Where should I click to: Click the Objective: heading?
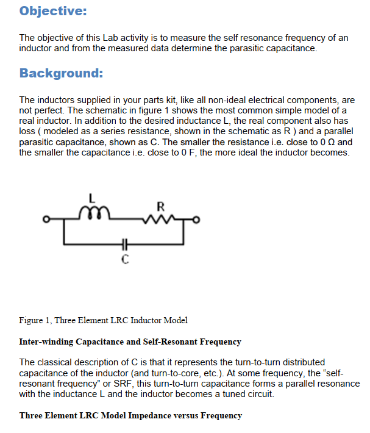52,11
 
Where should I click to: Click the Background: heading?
61,74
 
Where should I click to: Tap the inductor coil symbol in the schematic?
93,212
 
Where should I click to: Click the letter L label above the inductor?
92,198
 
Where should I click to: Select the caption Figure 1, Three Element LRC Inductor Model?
104,320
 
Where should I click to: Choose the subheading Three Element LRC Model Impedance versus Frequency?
130,415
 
